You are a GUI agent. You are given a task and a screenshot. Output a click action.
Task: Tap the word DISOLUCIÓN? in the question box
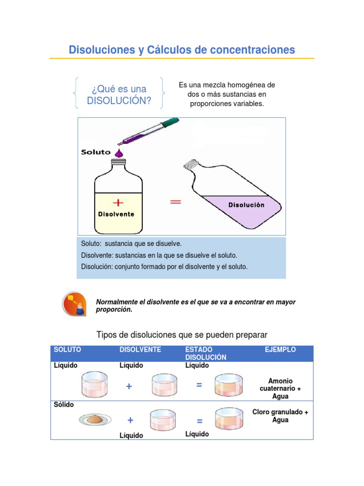[119, 100]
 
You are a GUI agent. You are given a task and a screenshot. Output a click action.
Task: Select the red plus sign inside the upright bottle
[118, 203]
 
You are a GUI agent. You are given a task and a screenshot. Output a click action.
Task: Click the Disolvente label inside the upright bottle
[116, 214]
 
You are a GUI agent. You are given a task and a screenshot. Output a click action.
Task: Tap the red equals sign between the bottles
[175, 202]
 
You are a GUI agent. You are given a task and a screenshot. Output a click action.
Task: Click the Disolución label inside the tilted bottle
[246, 205]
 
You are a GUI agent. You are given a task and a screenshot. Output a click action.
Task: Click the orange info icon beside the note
[74, 304]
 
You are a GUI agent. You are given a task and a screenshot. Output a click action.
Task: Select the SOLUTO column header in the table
[67, 350]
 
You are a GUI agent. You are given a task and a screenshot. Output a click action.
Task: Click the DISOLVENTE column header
[140, 350]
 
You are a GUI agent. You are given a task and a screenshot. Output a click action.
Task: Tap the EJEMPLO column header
[280, 350]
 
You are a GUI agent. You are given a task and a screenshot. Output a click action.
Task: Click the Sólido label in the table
[64, 404]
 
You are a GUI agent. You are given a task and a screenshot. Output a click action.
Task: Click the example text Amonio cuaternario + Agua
[280, 388]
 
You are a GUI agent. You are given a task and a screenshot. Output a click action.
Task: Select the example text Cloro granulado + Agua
[280, 416]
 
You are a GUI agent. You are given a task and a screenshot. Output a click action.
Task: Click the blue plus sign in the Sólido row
[130, 421]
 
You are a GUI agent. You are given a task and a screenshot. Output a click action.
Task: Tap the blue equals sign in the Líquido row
[199, 386]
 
